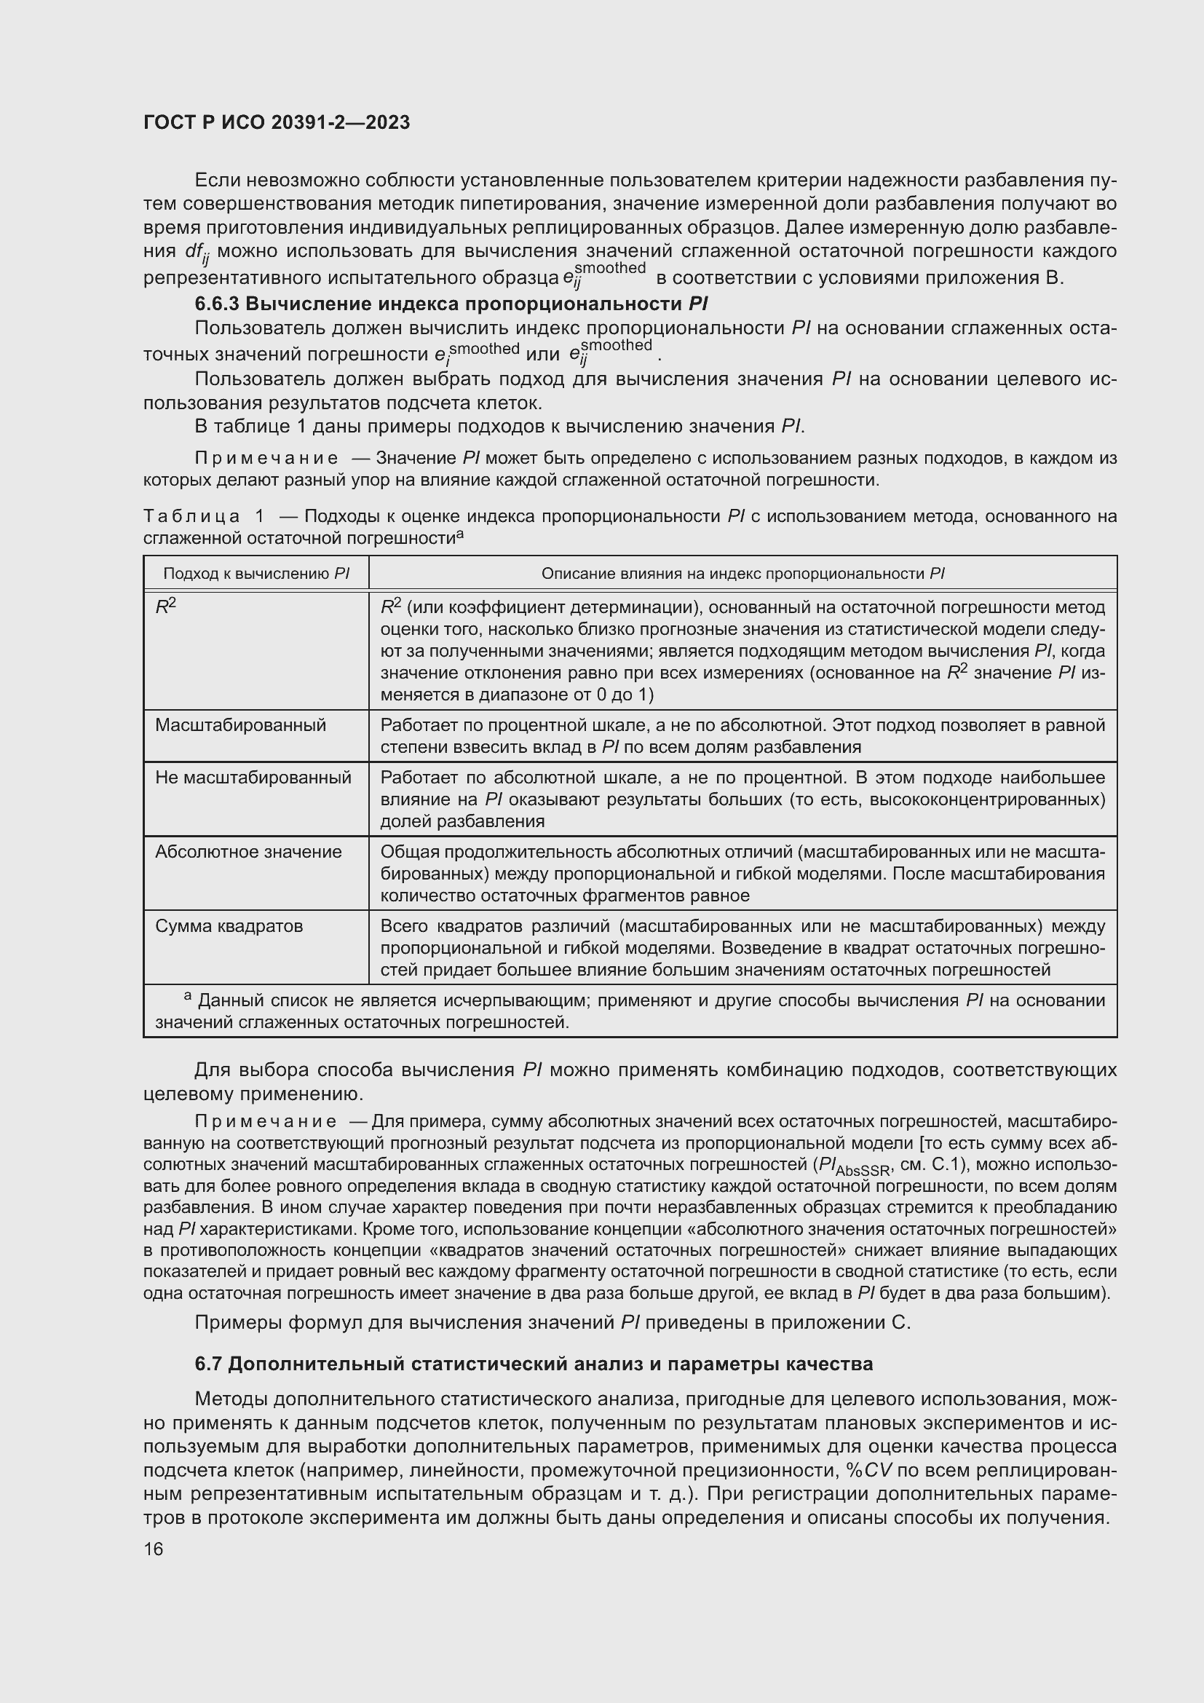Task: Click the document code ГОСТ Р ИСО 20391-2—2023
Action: pos(277,123)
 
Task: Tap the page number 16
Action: pos(154,1549)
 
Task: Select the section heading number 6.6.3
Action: pos(217,304)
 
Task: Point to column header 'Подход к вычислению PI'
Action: pos(256,573)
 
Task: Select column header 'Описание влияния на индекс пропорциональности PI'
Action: pos(742,573)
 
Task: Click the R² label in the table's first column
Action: pos(165,606)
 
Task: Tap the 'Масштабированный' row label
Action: pos(240,724)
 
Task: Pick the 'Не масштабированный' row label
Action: pos(253,778)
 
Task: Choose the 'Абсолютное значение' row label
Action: pos(248,852)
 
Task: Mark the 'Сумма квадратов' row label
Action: pos(229,925)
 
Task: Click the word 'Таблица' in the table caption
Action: pos(191,516)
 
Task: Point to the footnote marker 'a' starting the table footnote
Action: pos(189,996)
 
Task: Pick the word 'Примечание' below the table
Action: pos(266,1121)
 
